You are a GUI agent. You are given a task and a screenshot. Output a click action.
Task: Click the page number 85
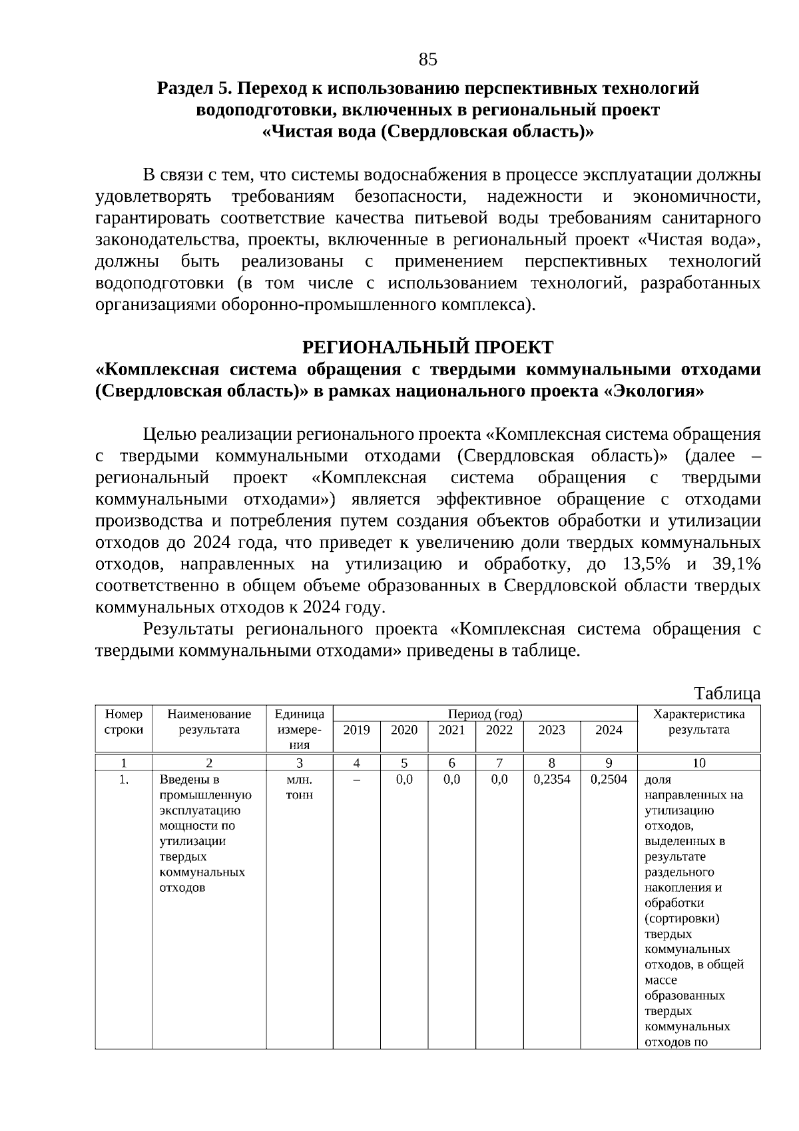[x=427, y=60]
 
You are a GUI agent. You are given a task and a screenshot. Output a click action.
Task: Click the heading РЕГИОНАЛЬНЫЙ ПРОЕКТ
[x=427, y=347]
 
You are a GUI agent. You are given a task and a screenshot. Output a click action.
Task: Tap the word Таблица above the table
[x=727, y=693]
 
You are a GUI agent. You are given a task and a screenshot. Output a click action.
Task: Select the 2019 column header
[x=356, y=730]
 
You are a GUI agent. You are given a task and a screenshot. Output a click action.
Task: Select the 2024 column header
[x=609, y=730]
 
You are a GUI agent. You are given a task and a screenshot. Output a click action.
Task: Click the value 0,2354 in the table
[x=552, y=779]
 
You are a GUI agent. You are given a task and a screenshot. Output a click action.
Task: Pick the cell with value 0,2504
[x=609, y=779]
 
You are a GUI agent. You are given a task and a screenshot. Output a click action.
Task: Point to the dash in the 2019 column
[x=356, y=780]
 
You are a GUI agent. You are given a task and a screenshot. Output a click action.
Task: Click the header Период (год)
[x=485, y=714]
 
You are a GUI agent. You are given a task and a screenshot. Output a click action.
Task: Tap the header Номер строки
[x=124, y=722]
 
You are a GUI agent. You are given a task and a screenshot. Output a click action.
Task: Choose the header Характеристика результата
[x=698, y=722]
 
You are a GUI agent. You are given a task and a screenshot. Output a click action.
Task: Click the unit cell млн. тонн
[x=299, y=787]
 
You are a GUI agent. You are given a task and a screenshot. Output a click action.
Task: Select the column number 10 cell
[x=698, y=763]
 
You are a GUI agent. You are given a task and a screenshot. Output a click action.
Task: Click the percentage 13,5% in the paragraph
[x=646, y=565]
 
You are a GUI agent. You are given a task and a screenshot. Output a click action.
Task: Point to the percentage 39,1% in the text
[x=736, y=565]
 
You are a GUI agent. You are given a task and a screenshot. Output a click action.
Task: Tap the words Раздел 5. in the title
[x=194, y=88]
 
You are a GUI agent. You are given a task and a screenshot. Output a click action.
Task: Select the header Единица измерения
[x=299, y=729]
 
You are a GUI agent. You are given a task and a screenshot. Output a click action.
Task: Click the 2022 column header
[x=499, y=730]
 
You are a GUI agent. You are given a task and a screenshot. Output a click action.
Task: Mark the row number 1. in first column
[x=124, y=779]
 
